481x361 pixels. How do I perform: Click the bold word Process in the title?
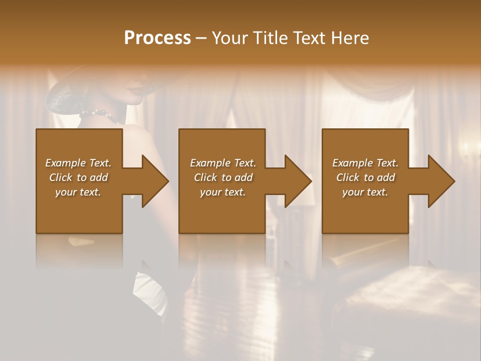click(x=157, y=38)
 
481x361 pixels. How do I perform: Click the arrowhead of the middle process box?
click(x=298, y=181)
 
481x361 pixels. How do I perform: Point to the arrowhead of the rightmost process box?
click(x=441, y=181)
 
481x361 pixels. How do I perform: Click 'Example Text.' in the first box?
click(x=79, y=163)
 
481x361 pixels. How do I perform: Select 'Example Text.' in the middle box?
click(x=222, y=163)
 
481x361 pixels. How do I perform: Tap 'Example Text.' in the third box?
click(x=365, y=163)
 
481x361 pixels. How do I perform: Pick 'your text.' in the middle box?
click(x=222, y=192)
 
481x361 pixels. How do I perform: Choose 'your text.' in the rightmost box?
click(x=365, y=192)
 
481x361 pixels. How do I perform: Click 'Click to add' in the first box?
click(x=79, y=177)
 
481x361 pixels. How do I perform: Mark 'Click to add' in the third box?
click(x=365, y=177)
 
